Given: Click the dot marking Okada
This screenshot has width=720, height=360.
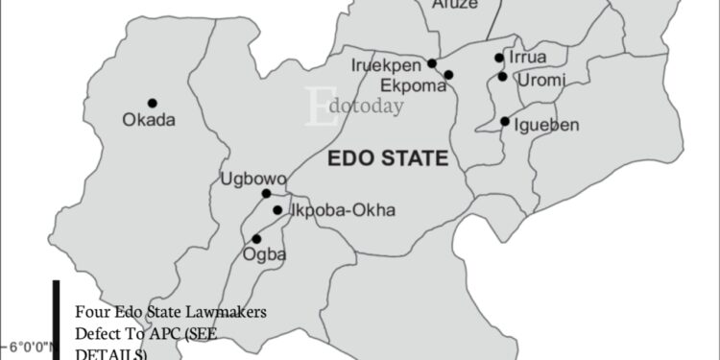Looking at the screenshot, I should click(152, 103).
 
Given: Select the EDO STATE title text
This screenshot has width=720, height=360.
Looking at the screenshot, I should click(388, 158).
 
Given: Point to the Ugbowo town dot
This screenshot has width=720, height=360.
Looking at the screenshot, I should click(267, 193).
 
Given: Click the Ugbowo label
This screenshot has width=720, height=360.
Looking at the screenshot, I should click(247, 178).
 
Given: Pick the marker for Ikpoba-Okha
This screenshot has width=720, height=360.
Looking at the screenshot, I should click(277, 210).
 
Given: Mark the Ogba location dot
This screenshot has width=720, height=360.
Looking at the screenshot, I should click(256, 239).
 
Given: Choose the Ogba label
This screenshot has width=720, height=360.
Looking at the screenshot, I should click(267, 254).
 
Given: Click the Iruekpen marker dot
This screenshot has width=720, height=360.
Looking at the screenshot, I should click(432, 63).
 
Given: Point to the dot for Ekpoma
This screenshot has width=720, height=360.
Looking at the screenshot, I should click(448, 75).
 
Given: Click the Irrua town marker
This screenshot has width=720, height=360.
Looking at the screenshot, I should click(499, 58).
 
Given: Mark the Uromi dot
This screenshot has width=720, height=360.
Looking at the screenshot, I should click(502, 76).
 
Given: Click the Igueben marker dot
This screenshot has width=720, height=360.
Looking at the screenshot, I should click(505, 121).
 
